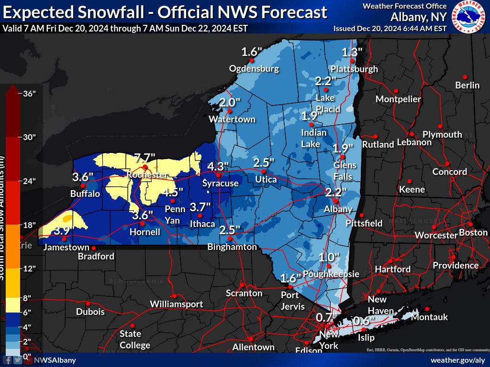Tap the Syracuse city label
coord(220,183)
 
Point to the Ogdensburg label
coord(254,68)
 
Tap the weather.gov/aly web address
coord(458,360)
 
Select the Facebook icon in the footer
coord(8,360)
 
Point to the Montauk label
coord(429,317)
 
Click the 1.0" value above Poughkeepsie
coord(329,257)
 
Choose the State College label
coord(134,339)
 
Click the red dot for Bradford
coord(94,248)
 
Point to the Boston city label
coord(473,233)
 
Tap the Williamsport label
coord(176,304)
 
